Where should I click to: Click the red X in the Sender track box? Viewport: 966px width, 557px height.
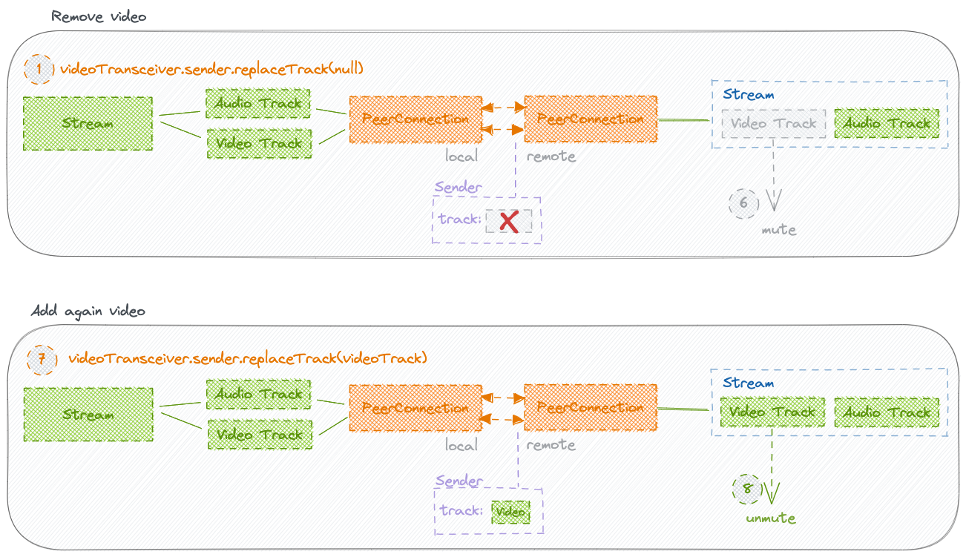pyautogui.click(x=509, y=222)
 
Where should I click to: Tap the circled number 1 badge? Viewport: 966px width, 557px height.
pyautogui.click(x=39, y=69)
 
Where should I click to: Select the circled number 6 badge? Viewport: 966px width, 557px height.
pyautogui.click(x=743, y=203)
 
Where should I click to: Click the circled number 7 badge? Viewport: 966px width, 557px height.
pyautogui.click(x=42, y=360)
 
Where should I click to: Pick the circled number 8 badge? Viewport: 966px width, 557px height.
pyautogui.click(x=747, y=489)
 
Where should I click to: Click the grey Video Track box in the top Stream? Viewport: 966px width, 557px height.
pyautogui.click(x=774, y=124)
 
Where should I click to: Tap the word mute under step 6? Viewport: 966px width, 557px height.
pyautogui.click(x=779, y=230)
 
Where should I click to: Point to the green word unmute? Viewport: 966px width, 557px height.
pyautogui.click(x=771, y=518)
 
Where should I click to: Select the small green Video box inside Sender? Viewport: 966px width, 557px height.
pyautogui.click(x=510, y=512)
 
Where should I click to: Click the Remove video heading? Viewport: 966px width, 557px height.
pyautogui.click(x=99, y=17)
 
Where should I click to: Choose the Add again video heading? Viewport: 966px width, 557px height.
pyautogui.click(x=88, y=311)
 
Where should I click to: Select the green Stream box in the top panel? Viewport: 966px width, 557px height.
pyautogui.click(x=88, y=123)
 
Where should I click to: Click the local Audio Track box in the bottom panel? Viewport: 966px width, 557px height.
pyautogui.click(x=259, y=394)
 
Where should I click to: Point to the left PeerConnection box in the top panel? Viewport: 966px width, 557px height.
pyautogui.click(x=415, y=119)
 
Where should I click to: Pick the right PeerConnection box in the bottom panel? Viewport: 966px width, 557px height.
pyautogui.click(x=591, y=407)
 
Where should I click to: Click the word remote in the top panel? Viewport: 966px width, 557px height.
pyautogui.click(x=551, y=156)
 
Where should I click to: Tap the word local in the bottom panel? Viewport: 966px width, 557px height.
pyautogui.click(x=461, y=445)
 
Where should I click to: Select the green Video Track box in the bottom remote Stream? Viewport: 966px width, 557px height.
pyautogui.click(x=773, y=412)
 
